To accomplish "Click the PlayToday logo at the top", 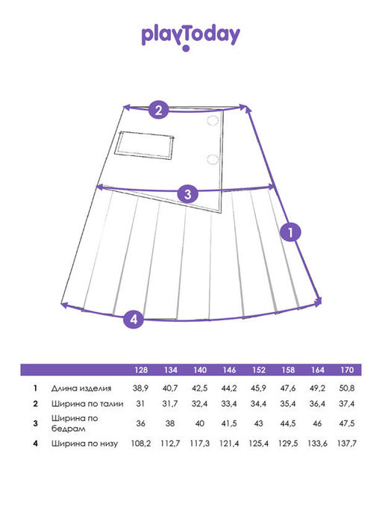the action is tap(191, 37).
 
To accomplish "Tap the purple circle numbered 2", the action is tap(158, 110).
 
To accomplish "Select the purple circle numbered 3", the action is tap(187, 194).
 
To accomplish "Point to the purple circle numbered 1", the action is tap(290, 232).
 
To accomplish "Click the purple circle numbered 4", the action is tap(134, 319).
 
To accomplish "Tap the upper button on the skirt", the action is tap(213, 120).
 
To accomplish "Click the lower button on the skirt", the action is tap(213, 159).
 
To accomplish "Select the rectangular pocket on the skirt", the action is tap(144, 146).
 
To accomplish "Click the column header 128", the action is tap(141, 370).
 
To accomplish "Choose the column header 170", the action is tap(347, 370).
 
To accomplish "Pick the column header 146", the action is tap(229, 370).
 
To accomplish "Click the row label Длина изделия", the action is tap(81, 388).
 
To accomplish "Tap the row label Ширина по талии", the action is tap(87, 404).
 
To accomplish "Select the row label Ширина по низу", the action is tap(84, 444).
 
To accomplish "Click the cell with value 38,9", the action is tap(140, 388).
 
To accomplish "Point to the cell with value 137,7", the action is tap(347, 444).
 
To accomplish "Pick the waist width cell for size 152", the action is tap(258, 404).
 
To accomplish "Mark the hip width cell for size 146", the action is tap(229, 423).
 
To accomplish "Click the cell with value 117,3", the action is tap(200, 444).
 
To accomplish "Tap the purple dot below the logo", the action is tap(186, 49).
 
